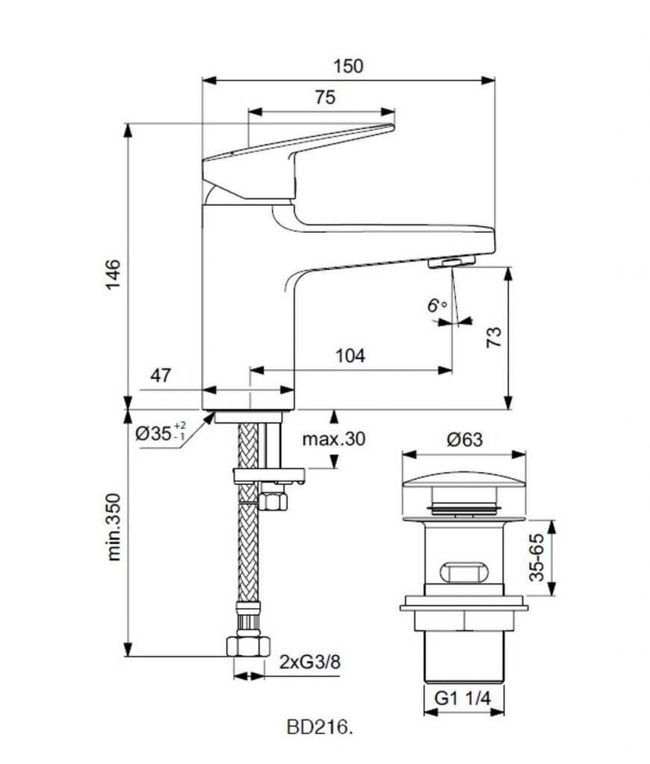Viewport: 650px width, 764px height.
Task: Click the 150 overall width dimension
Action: (x=348, y=66)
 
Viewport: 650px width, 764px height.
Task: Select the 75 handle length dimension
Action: (x=325, y=98)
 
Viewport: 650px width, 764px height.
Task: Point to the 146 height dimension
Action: (x=113, y=275)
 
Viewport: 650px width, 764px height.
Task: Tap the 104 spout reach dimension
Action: (x=350, y=356)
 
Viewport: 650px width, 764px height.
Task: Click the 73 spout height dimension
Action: (x=494, y=336)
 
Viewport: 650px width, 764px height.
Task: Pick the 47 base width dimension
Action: (x=161, y=375)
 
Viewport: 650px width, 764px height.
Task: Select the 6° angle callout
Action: (x=437, y=305)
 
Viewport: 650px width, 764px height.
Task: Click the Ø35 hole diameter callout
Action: (x=161, y=432)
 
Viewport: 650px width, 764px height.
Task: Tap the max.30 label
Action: (x=334, y=439)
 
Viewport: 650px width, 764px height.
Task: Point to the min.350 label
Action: (x=114, y=527)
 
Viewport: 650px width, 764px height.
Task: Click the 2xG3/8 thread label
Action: (x=310, y=662)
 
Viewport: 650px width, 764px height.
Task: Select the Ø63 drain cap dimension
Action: (x=465, y=439)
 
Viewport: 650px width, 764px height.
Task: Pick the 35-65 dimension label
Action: (x=536, y=557)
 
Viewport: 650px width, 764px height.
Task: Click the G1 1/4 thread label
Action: (x=462, y=698)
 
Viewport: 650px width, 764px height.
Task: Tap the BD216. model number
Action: (x=319, y=728)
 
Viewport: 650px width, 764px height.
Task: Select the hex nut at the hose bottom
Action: (x=248, y=645)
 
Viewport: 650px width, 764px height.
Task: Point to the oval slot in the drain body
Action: (x=464, y=572)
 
